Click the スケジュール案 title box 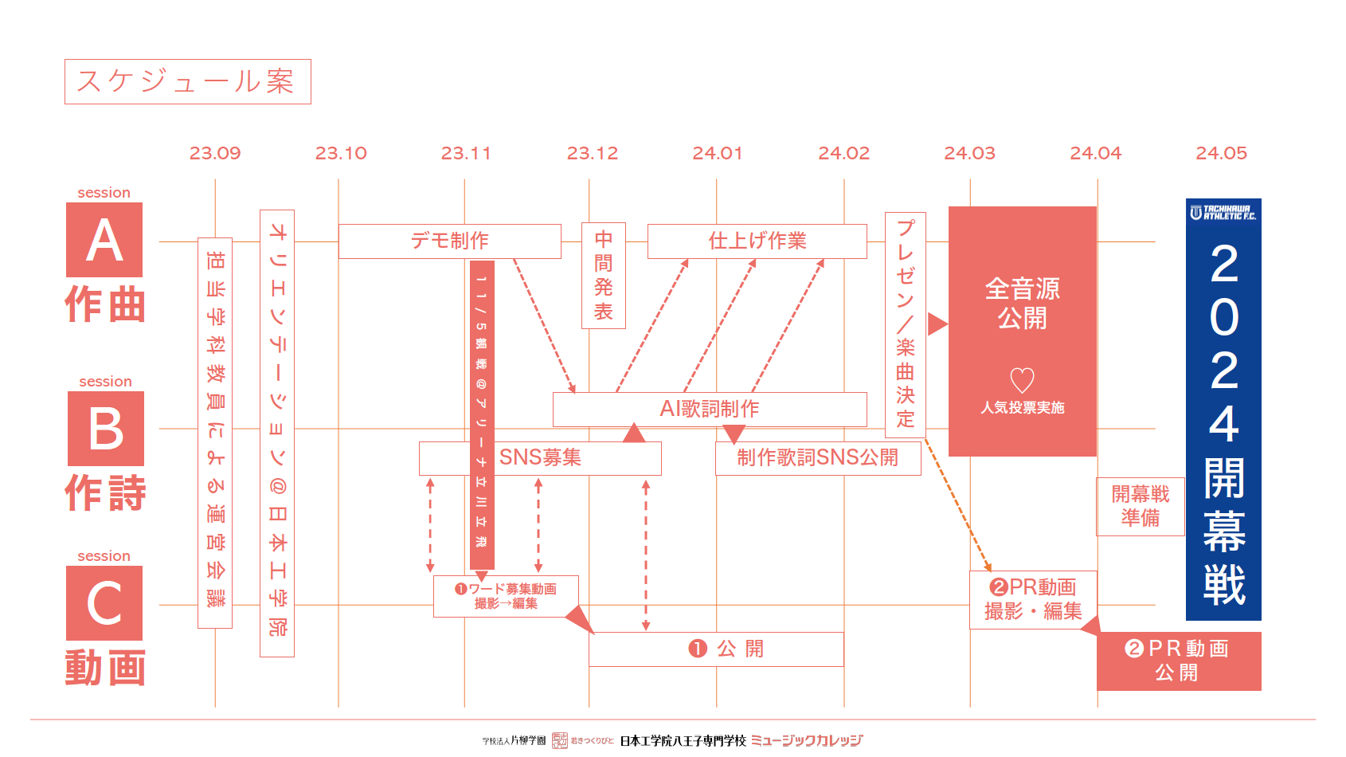(x=187, y=81)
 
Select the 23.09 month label (x=214, y=153)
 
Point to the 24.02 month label (x=843, y=153)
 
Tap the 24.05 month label (x=1221, y=153)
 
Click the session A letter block (x=104, y=240)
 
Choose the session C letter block (x=104, y=603)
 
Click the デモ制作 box (x=449, y=241)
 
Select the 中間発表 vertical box (x=604, y=276)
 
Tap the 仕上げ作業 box (x=757, y=241)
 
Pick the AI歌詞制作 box (x=709, y=409)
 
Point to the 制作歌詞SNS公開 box (x=818, y=458)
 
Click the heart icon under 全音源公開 (x=1022, y=380)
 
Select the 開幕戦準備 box (x=1140, y=506)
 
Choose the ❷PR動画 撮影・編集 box (x=1033, y=599)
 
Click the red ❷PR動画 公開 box (x=1178, y=661)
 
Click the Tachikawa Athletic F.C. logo (x=1223, y=212)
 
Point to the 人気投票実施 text (x=1022, y=408)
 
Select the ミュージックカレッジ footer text (x=806, y=740)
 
